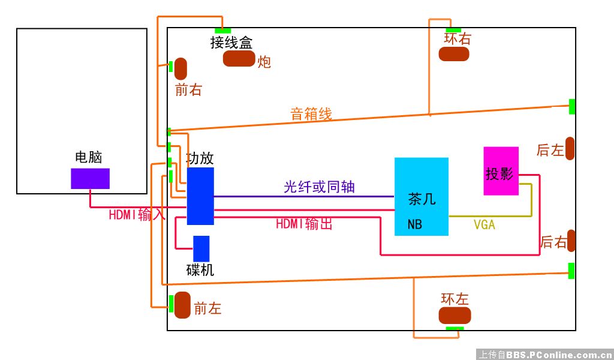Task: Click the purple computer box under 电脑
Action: click(x=90, y=178)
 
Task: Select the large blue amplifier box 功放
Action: click(x=200, y=196)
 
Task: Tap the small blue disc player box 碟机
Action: click(x=201, y=248)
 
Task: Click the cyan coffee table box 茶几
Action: click(x=421, y=196)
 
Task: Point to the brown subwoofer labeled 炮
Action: click(x=239, y=59)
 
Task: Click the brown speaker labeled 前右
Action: click(x=180, y=69)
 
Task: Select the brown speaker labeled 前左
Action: click(x=182, y=305)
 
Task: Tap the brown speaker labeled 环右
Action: click(x=453, y=53)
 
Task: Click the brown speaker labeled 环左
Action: click(x=455, y=316)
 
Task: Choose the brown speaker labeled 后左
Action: click(x=570, y=149)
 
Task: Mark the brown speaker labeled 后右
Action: click(x=571, y=241)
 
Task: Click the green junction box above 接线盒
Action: click(x=222, y=31)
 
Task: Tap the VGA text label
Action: click(x=484, y=225)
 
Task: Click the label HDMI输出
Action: click(x=304, y=224)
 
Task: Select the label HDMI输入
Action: click(x=137, y=215)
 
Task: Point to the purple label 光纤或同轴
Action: click(x=319, y=187)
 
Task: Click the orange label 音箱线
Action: click(x=311, y=114)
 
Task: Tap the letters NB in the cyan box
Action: click(x=414, y=225)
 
